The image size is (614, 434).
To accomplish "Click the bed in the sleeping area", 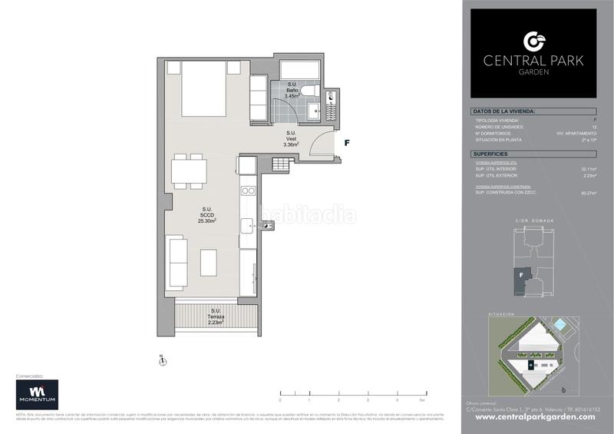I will (x=203, y=89).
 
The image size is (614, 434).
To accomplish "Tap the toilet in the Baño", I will (x=309, y=92).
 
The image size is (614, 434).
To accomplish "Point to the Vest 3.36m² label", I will (x=290, y=138).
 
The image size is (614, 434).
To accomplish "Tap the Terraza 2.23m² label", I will (x=215, y=317).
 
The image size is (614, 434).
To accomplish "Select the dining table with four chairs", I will (x=188, y=171).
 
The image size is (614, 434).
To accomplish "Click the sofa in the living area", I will (x=177, y=262).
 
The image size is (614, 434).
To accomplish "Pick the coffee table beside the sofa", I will (x=209, y=262).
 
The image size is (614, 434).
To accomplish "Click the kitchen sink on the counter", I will (x=247, y=225).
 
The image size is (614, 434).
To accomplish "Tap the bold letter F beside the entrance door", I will (x=347, y=143).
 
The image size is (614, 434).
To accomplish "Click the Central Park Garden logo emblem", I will (x=533, y=41).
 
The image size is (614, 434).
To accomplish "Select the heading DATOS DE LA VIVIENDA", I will (x=504, y=112).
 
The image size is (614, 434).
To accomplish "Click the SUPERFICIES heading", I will (x=494, y=154).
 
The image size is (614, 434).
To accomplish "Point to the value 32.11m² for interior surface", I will (x=589, y=168).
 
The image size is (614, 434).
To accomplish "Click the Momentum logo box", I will (x=38, y=395).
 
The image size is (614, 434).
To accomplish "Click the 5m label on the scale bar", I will (x=423, y=400).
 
